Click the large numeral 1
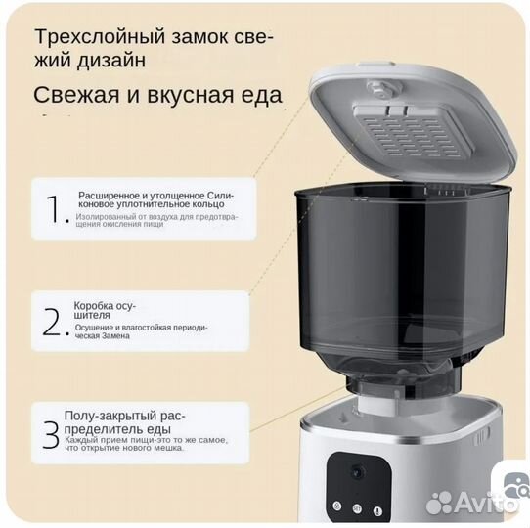[x=53, y=208]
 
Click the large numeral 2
[x=53, y=321]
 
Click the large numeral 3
[x=50, y=434]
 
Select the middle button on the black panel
[x=358, y=507]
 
